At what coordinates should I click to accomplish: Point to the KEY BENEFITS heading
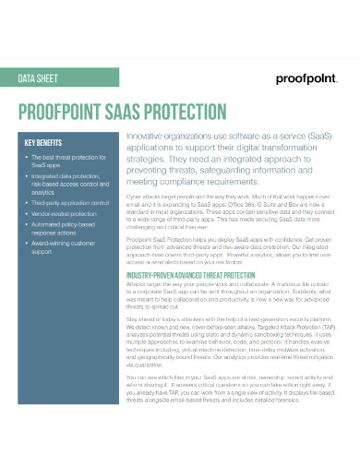pyautogui.click(x=44, y=143)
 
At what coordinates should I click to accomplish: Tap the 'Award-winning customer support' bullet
pyautogui.click(x=63, y=248)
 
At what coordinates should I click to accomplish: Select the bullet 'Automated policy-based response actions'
pyautogui.click(x=63, y=229)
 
